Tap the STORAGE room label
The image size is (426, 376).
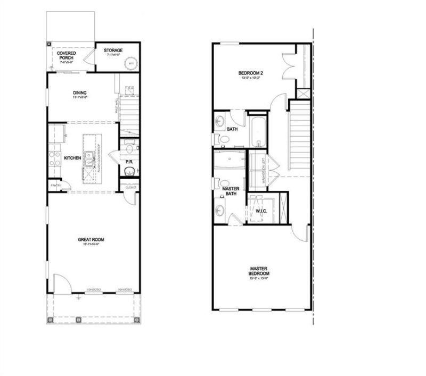(113, 50)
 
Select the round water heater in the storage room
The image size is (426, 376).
(130, 63)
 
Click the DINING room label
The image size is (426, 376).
(80, 93)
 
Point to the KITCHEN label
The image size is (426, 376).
(72, 158)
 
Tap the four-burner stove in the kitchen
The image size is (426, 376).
(55, 158)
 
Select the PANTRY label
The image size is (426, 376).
(55, 185)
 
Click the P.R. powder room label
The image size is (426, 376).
(128, 162)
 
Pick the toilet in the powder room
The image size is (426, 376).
(128, 171)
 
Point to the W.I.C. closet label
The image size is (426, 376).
(260, 211)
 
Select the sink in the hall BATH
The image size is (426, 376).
(220, 121)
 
